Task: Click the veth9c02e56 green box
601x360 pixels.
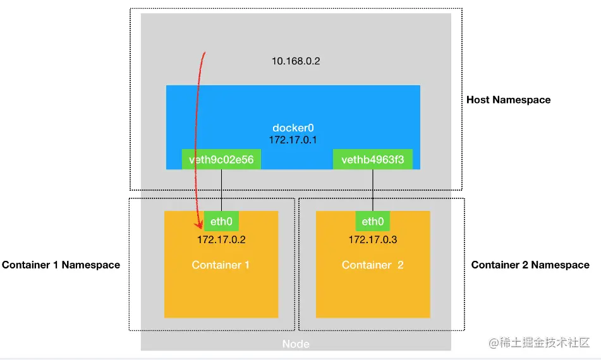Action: (221, 160)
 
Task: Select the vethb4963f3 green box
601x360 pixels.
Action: (373, 160)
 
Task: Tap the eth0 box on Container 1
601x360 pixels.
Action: (221, 221)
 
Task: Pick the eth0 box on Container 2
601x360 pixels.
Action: (373, 221)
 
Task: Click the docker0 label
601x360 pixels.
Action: (293, 128)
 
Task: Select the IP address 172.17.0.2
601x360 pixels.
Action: (221, 240)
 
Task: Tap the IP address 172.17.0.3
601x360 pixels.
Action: (373, 240)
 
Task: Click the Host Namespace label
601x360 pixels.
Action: (508, 100)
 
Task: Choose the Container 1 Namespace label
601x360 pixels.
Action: (61, 265)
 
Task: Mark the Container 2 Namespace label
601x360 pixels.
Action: (530, 265)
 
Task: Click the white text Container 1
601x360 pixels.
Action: (221, 265)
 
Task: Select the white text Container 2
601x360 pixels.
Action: (372, 265)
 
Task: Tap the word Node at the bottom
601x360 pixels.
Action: (296, 344)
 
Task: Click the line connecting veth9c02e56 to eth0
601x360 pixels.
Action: (221, 190)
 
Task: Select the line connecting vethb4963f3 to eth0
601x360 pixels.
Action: (373, 190)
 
